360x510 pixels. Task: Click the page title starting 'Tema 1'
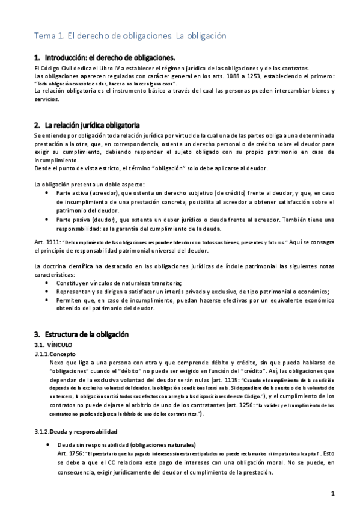[x=130, y=36]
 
